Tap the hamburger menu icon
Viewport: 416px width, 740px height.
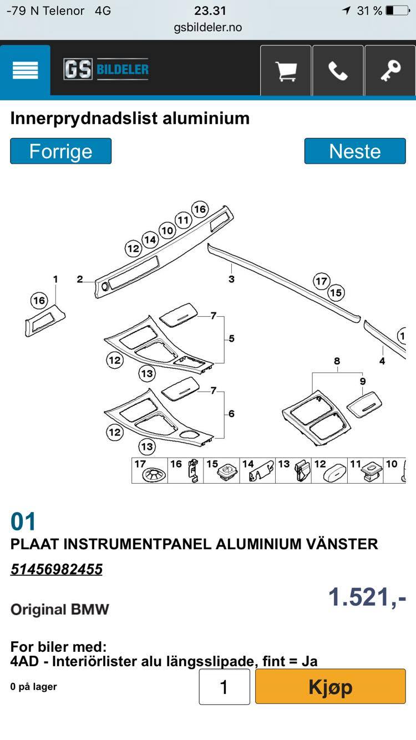[25, 70]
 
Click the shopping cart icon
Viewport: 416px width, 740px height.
[286, 70]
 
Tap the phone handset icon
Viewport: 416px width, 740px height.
[338, 70]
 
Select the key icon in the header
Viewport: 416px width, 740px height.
[390, 70]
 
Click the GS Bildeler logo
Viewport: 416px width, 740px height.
[106, 69]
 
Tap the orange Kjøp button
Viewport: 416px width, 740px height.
[331, 686]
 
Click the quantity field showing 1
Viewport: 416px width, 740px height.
[224, 687]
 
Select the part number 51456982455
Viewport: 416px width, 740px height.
[57, 569]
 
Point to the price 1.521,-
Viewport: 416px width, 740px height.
[367, 597]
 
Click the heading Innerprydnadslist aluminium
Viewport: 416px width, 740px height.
[130, 118]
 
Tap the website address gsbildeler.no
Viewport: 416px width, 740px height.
[208, 27]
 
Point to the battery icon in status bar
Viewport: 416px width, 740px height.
[398, 11]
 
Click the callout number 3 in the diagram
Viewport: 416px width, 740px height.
[231, 279]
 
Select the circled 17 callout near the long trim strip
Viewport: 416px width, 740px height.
[321, 281]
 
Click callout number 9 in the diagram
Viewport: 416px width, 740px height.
[363, 381]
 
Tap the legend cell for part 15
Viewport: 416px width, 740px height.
[221, 470]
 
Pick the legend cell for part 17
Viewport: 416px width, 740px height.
[150, 470]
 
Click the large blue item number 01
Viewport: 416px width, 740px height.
[23, 521]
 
